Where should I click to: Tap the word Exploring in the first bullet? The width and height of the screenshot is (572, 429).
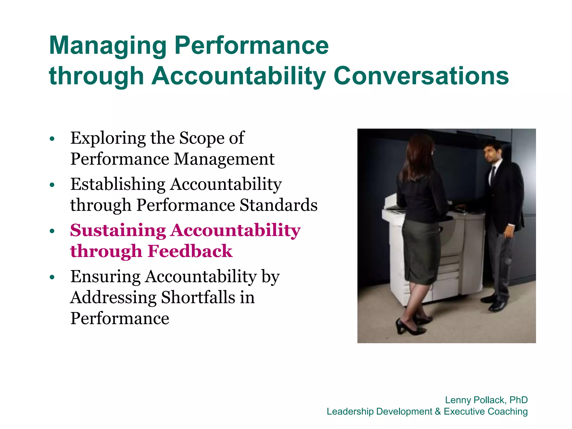(108, 139)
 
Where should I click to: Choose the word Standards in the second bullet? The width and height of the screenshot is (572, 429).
(278, 205)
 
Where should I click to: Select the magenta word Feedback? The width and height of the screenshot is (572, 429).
(190, 251)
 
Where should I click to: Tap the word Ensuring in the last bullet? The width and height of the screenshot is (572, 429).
(105, 277)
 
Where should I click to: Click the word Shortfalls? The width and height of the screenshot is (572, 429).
(198, 297)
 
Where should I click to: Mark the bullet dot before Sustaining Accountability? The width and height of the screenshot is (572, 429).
(52, 231)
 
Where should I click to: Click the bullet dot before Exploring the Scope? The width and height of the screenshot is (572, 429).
(52, 139)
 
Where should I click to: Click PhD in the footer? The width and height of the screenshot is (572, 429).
(518, 400)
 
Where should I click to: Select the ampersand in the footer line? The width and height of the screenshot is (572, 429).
(438, 411)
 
